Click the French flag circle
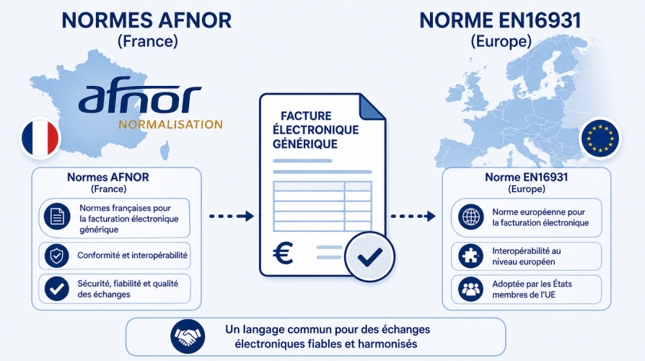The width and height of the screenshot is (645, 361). click(x=40, y=139)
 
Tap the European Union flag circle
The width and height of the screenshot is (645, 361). click(x=600, y=139)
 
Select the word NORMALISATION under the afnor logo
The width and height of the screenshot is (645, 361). click(x=170, y=124)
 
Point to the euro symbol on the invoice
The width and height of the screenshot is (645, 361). click(x=283, y=252)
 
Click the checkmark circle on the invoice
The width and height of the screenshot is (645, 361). click(x=369, y=257)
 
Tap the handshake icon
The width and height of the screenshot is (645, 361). click(x=188, y=336)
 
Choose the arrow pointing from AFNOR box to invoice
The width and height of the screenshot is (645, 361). click(x=231, y=216)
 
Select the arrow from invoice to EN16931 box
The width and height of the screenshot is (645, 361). click(x=413, y=216)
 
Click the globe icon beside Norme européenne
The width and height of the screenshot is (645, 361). click(x=471, y=217)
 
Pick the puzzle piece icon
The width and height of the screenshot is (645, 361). click(x=470, y=256)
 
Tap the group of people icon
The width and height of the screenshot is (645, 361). click(x=470, y=289)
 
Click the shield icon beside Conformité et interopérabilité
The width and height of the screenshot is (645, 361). click(x=56, y=256)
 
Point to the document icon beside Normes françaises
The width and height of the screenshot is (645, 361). click(x=57, y=216)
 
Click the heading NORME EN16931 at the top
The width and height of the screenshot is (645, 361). click(x=500, y=21)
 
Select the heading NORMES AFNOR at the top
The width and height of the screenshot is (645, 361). click(x=147, y=21)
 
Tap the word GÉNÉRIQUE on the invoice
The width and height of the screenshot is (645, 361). click(x=305, y=144)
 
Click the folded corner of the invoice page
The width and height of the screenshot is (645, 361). click(x=372, y=107)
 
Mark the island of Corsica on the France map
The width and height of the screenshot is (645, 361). click(x=164, y=151)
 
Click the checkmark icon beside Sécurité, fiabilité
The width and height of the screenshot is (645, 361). click(x=56, y=289)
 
